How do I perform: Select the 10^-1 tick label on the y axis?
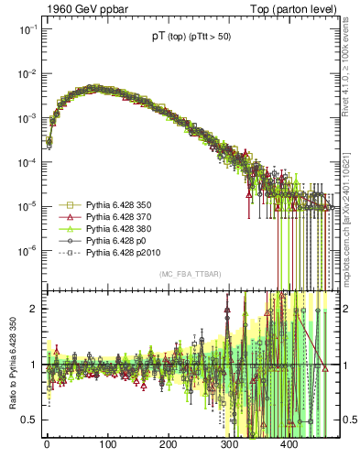pos(25,29)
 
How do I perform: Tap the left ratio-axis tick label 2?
pos(30,309)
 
